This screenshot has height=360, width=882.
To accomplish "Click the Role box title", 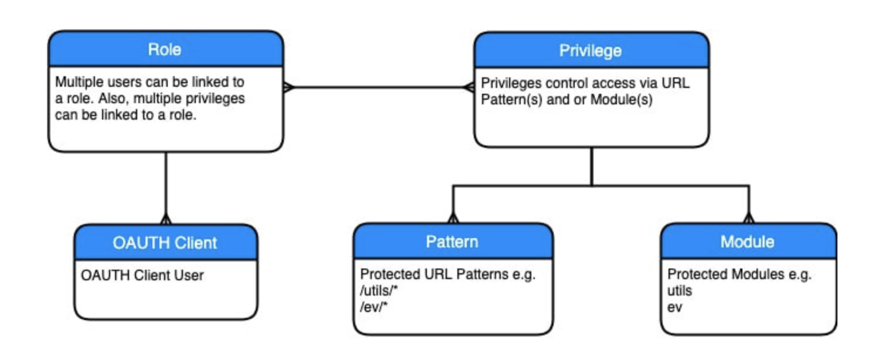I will click(x=164, y=49).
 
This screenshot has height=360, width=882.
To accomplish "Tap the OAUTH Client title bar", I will click(x=165, y=242).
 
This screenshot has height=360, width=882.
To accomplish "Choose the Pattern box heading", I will click(x=452, y=242).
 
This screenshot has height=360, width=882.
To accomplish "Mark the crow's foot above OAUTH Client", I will click(x=165, y=219).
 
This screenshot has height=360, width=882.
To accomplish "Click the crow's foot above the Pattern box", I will click(x=452, y=218).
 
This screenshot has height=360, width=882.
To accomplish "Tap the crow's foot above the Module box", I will click(x=748, y=218).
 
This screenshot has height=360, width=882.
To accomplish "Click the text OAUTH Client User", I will click(x=142, y=274).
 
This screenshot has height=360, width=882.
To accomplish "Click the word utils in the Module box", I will click(x=680, y=290).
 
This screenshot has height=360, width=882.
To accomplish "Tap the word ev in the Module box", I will click(x=675, y=306).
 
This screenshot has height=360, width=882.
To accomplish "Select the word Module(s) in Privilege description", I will click(x=621, y=99).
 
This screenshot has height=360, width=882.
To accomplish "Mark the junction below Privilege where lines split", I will click(x=592, y=186).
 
